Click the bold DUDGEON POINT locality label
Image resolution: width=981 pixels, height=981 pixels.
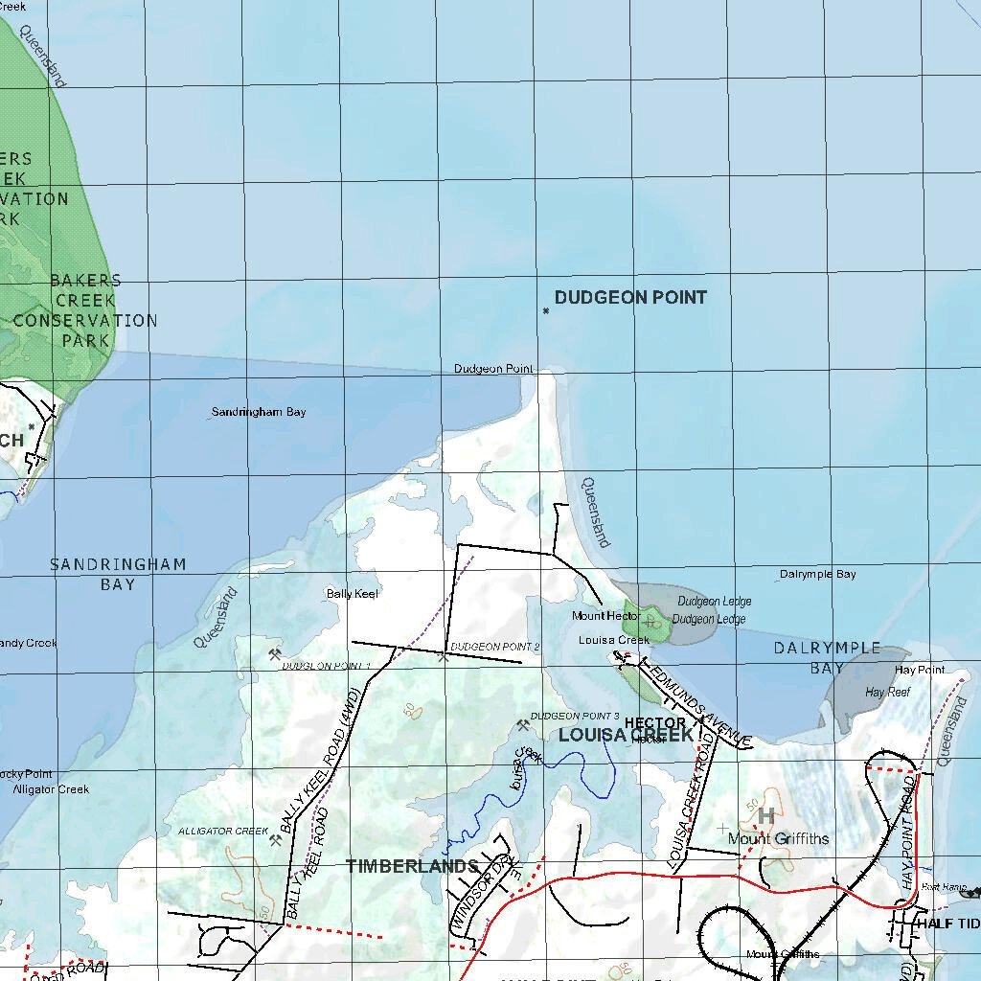(630, 298)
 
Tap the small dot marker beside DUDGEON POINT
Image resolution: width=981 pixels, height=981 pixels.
(546, 310)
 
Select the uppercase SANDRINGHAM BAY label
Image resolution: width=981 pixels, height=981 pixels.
(118, 574)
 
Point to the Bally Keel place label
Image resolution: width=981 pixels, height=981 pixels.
(353, 594)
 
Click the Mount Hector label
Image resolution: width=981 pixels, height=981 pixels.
(605, 616)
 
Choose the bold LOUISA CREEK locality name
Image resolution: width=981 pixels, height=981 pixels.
(626, 736)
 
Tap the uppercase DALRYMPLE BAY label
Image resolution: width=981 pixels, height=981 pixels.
(827, 658)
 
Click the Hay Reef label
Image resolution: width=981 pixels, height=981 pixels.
(887, 692)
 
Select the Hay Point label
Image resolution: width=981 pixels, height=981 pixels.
(919, 670)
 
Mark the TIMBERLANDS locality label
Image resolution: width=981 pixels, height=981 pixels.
(412, 866)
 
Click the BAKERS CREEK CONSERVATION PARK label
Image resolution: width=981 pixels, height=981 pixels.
(85, 310)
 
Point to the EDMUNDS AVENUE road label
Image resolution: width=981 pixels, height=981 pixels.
(696, 703)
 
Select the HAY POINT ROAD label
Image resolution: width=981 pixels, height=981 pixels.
(908, 833)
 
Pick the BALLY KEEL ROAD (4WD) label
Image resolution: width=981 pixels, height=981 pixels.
(320, 760)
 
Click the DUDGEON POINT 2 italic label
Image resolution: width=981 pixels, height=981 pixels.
(494, 648)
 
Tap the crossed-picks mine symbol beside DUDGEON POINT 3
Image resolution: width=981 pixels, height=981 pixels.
(522, 725)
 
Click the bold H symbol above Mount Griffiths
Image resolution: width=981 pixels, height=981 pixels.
(765, 815)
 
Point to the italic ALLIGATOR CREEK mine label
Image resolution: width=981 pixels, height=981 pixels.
(223, 831)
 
